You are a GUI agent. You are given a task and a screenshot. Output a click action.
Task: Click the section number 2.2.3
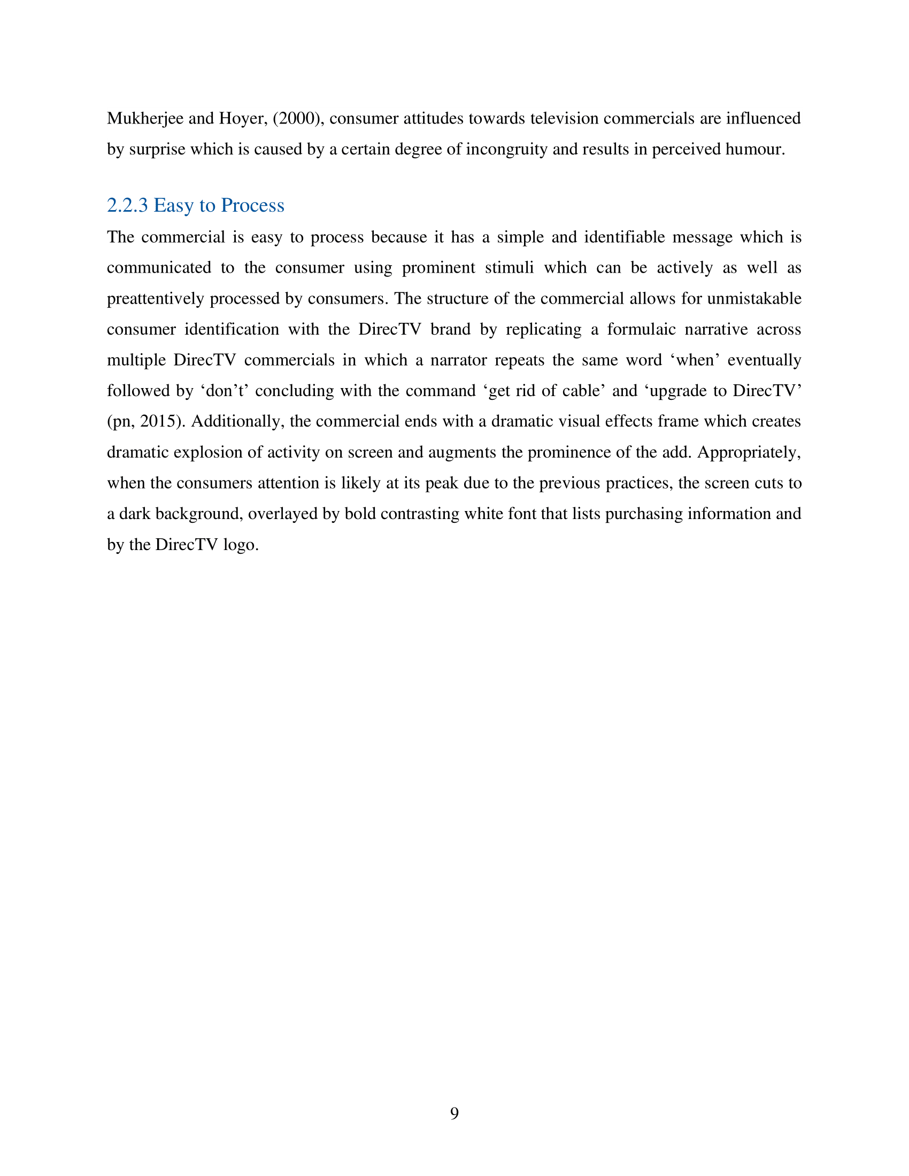coord(127,206)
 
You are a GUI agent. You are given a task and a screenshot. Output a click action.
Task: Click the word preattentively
coord(156,299)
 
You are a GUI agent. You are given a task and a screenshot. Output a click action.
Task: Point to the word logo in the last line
coord(241,545)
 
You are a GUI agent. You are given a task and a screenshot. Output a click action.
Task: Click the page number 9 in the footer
coord(454,1113)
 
